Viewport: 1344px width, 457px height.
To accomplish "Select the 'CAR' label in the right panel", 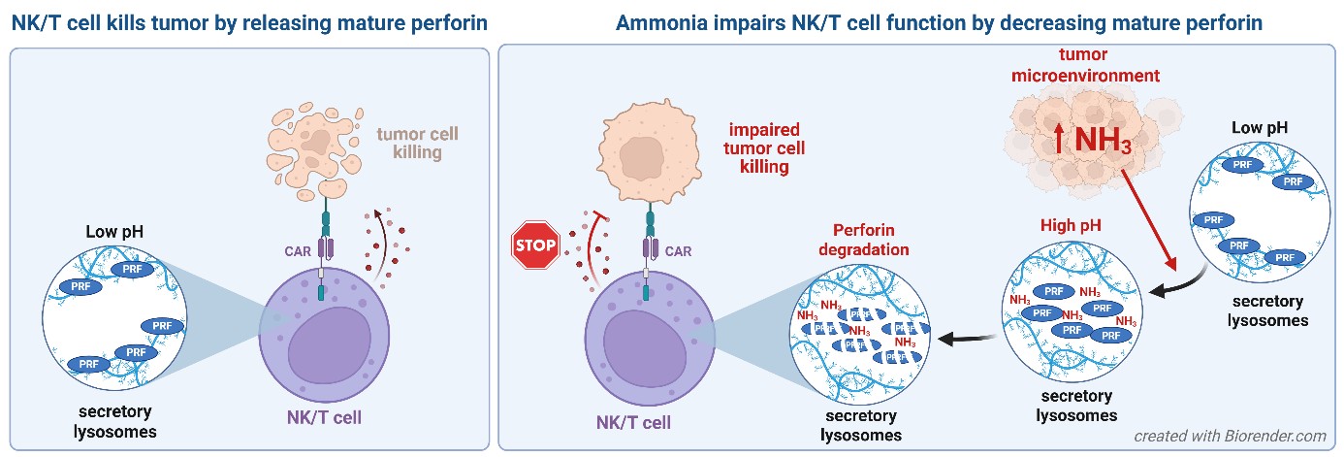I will coord(679,251).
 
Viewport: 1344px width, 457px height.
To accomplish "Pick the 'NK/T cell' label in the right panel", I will coord(633,423).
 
